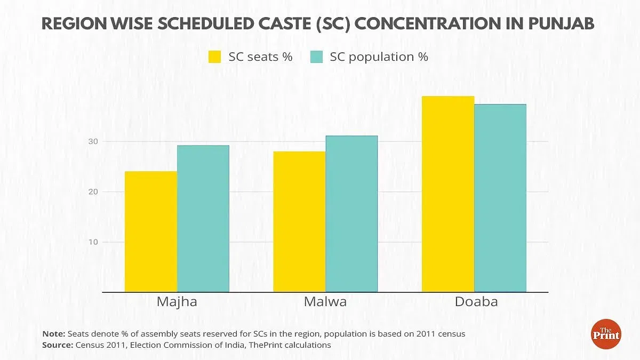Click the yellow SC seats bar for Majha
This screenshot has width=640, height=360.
(x=151, y=232)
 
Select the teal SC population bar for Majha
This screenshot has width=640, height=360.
(x=203, y=219)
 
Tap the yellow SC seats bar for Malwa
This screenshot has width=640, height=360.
(x=299, y=222)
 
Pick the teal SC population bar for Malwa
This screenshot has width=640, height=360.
(x=351, y=214)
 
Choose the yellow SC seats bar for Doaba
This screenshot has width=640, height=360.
(x=448, y=194)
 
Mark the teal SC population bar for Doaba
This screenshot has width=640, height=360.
(x=500, y=198)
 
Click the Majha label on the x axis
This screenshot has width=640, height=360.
(x=177, y=301)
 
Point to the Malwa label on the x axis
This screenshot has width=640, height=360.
(x=325, y=301)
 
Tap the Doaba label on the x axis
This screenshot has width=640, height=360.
(x=476, y=301)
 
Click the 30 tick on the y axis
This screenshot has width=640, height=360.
(x=93, y=141)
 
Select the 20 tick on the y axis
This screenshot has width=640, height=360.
(x=93, y=191)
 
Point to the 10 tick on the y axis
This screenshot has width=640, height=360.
(x=93, y=242)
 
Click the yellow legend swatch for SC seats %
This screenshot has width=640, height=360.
(x=215, y=57)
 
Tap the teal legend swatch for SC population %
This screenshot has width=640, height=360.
(x=316, y=57)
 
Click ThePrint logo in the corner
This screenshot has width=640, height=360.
(x=606, y=334)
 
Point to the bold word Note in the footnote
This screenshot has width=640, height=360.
(x=53, y=334)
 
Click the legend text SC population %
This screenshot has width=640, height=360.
(x=379, y=57)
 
